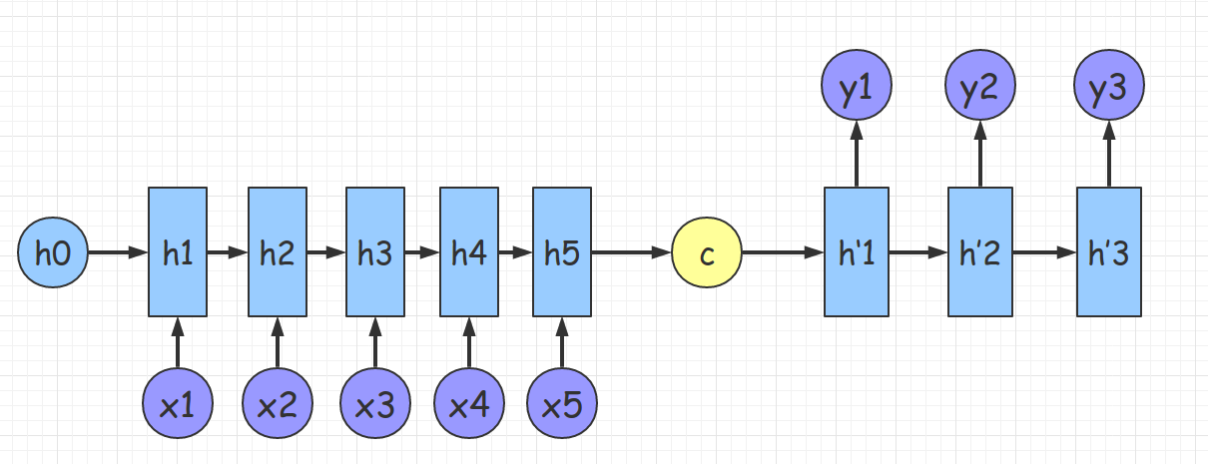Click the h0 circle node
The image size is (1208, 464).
click(x=53, y=253)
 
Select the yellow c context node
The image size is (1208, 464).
click(x=707, y=253)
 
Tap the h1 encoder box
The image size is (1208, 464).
click(x=178, y=253)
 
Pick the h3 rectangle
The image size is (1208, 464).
click(x=374, y=253)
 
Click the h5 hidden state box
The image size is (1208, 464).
click(x=561, y=253)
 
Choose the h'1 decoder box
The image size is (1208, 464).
click(x=856, y=253)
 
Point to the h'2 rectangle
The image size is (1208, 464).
click(x=979, y=253)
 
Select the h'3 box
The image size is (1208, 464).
click(x=1107, y=253)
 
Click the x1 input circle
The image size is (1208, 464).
click(x=178, y=403)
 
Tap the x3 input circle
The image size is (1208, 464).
click(x=374, y=403)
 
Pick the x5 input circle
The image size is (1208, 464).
click(x=561, y=403)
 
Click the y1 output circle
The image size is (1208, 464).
click(x=856, y=88)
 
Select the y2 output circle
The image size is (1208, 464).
click(x=979, y=88)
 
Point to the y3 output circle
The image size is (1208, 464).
click(x=1107, y=88)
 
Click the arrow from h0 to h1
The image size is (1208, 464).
click(x=118, y=253)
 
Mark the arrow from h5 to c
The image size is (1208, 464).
click(x=631, y=253)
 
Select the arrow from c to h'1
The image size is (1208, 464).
click(x=784, y=253)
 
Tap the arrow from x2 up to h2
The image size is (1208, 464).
click(x=278, y=342)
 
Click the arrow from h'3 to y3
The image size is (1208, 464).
click(x=1107, y=155)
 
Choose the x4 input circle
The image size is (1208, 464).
click(x=468, y=403)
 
